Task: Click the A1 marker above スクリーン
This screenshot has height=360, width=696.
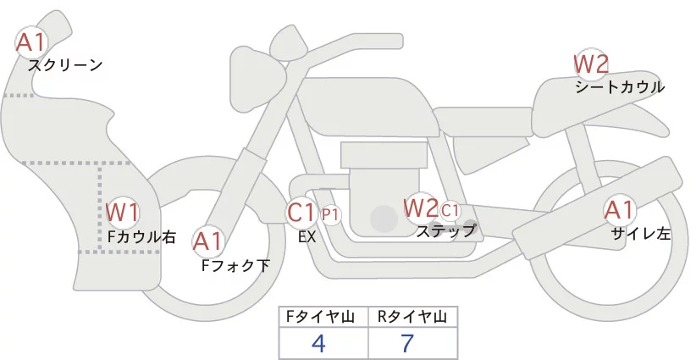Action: point(32,41)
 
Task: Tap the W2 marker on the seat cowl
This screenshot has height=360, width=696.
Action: point(591,64)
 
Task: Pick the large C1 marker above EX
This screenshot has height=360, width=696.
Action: point(302,213)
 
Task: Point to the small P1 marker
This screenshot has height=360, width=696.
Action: point(330,214)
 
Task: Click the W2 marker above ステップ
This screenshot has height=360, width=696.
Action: point(421,208)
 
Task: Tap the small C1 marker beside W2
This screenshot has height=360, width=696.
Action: point(450,208)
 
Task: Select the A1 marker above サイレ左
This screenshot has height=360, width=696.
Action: point(619,211)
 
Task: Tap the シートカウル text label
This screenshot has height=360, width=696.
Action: point(619,86)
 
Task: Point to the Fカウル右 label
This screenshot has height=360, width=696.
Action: point(141,236)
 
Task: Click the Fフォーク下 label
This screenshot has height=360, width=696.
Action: point(235,265)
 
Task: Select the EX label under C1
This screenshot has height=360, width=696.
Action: point(307,237)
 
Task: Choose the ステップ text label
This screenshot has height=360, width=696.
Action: point(445,230)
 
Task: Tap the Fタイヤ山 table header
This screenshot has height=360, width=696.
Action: point(324,317)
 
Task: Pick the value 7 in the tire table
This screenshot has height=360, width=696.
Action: point(412,343)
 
